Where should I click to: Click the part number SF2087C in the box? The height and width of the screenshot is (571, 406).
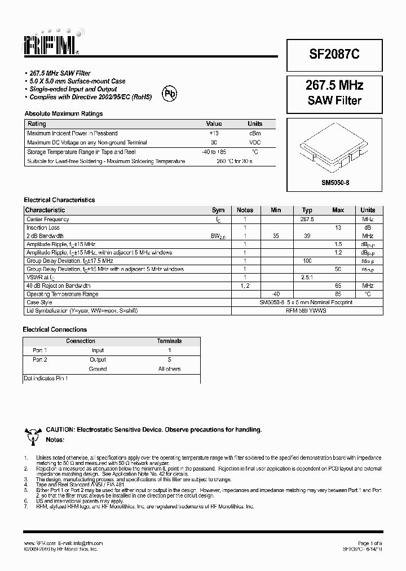pyautogui.click(x=334, y=55)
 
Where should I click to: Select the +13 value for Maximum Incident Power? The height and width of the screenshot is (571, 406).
pyautogui.click(x=214, y=133)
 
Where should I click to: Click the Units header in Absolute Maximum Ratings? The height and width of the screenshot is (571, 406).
pyautogui.click(x=255, y=124)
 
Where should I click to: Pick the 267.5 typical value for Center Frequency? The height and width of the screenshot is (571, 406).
pyautogui.click(x=307, y=219)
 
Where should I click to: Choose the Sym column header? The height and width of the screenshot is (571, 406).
pyautogui.click(x=218, y=210)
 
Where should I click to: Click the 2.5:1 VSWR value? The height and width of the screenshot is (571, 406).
pyautogui.click(x=307, y=278)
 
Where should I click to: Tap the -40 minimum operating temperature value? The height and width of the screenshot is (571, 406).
pyautogui.click(x=276, y=294)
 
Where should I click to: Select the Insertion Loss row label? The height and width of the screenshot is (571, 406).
pyautogui.click(x=43, y=227)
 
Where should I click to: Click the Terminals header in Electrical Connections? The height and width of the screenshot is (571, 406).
pyautogui.click(x=169, y=341)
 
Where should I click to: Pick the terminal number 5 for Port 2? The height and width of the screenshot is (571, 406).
pyautogui.click(x=169, y=359)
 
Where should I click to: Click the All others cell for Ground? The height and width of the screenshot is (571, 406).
pyautogui.click(x=169, y=369)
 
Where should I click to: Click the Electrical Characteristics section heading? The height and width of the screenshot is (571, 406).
pyautogui.click(x=59, y=200)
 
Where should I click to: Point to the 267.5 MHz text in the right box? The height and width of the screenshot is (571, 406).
pyautogui.click(x=334, y=86)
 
